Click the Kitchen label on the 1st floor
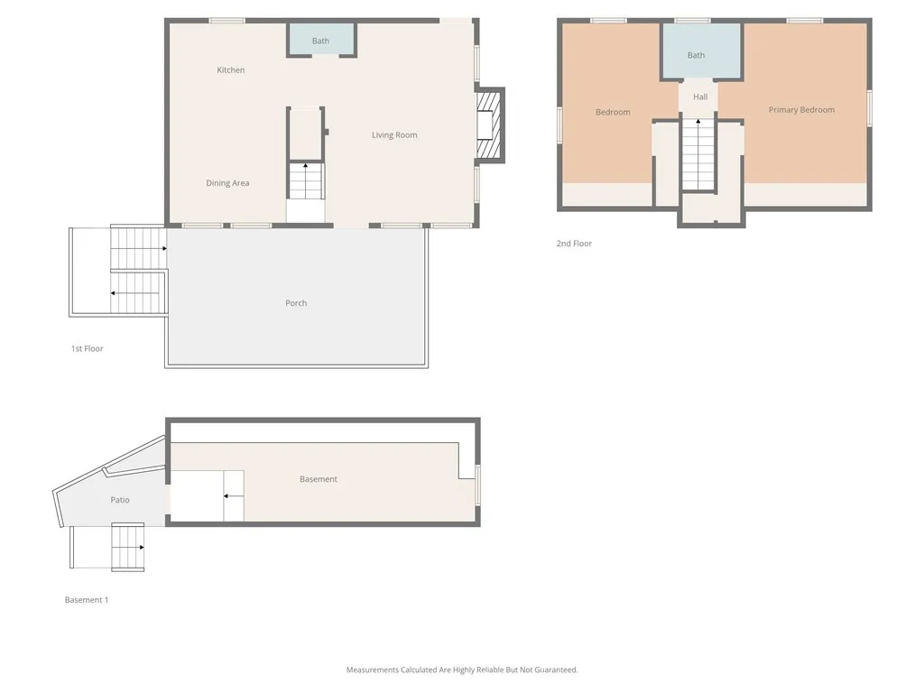(231, 70)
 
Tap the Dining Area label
(227, 183)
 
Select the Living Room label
(394, 135)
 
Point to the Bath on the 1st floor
(321, 41)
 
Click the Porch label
(296, 303)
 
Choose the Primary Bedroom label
(801, 110)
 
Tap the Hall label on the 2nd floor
(700, 97)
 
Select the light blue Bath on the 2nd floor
(697, 55)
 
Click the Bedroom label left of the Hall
(613, 112)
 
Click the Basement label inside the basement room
(319, 479)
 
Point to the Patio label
(120, 500)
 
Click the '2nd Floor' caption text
(574, 244)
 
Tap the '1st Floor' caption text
(88, 348)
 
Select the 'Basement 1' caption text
(87, 600)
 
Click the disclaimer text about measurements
(462, 670)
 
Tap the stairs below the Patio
(127, 547)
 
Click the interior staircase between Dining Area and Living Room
(306, 181)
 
